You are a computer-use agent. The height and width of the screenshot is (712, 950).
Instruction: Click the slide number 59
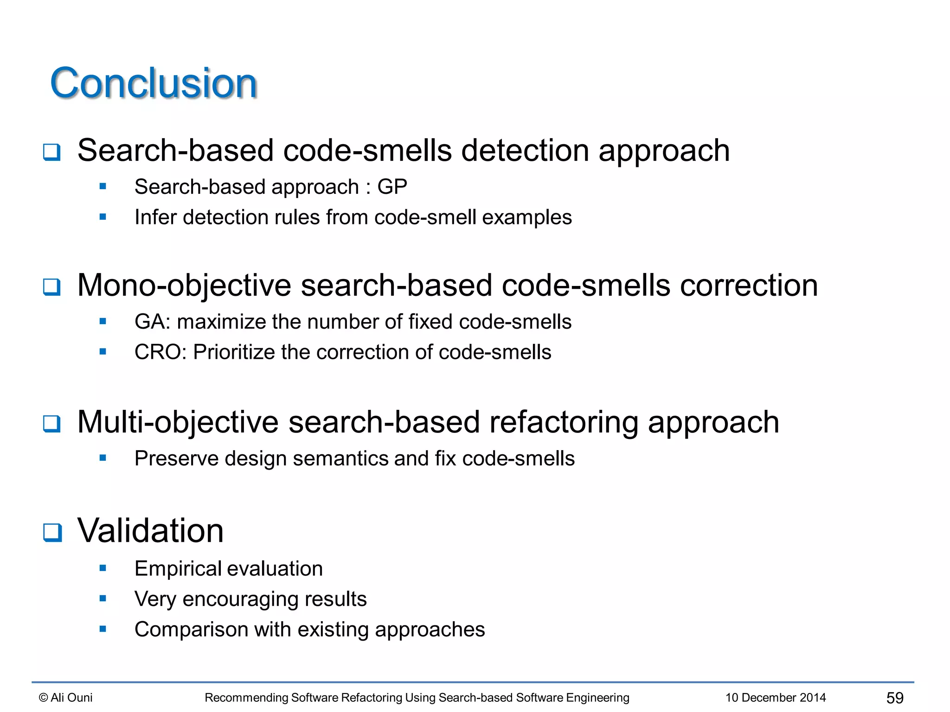(x=895, y=698)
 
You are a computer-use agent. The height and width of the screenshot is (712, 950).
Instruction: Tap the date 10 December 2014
(x=776, y=698)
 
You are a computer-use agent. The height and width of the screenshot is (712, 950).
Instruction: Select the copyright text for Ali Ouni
(x=66, y=698)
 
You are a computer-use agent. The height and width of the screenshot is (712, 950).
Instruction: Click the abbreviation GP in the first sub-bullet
(x=392, y=187)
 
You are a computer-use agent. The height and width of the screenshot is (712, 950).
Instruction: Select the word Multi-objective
(x=178, y=422)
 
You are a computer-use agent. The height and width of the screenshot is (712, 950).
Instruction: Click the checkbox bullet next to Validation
(x=52, y=532)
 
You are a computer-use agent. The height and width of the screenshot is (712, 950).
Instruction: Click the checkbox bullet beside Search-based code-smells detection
(x=52, y=152)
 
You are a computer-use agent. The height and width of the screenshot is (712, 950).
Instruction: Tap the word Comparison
(x=191, y=629)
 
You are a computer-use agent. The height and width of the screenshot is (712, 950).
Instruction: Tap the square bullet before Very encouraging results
(x=103, y=598)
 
